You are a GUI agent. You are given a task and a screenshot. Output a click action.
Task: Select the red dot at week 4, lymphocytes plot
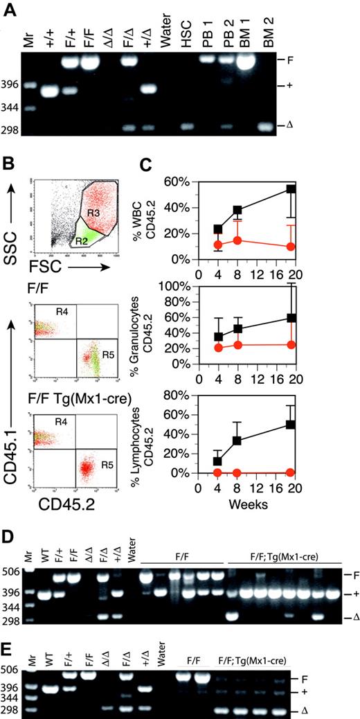tap(219, 472)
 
